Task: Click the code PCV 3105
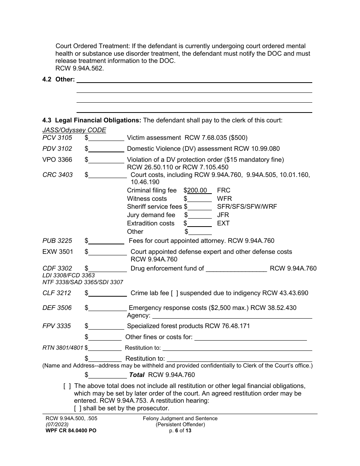(x=57, y=138)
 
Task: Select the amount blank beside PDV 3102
(x=106, y=149)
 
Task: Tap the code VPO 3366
(x=57, y=160)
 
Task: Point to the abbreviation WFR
(x=224, y=199)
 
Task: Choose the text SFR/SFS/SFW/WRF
(x=247, y=207)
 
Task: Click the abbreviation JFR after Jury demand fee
(x=223, y=215)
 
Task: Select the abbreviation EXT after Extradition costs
(x=223, y=224)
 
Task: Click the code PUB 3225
(x=57, y=241)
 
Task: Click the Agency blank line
(x=232, y=316)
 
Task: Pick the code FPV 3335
(x=56, y=326)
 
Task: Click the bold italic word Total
(x=137, y=375)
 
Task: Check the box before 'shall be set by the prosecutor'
(x=78, y=408)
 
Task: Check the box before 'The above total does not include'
(x=67, y=386)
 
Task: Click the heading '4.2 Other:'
(x=58, y=80)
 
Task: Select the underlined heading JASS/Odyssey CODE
(x=74, y=130)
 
